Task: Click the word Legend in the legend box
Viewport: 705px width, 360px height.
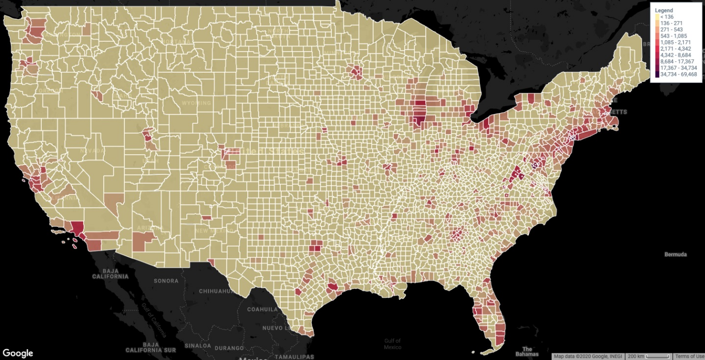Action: (x=664, y=10)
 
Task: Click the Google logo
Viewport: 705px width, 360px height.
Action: (x=18, y=353)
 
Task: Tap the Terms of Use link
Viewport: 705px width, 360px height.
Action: (x=689, y=356)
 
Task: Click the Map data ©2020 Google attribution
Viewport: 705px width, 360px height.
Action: (x=588, y=356)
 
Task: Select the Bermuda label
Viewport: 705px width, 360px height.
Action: (x=676, y=255)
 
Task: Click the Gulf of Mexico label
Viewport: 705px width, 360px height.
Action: (x=392, y=343)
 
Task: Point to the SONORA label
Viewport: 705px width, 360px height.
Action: (x=166, y=281)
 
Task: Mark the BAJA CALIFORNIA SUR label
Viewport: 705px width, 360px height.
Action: (x=158, y=347)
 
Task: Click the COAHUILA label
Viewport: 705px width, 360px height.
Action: (x=263, y=309)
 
